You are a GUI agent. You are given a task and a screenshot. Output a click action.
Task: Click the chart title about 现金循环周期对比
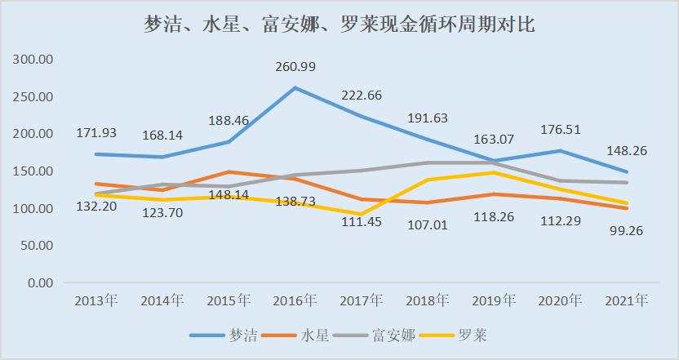click(339, 24)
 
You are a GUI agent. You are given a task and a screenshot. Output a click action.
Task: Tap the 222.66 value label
click(362, 96)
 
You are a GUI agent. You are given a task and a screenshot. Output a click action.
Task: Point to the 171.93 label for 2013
click(97, 131)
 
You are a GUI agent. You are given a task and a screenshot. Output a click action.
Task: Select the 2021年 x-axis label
click(627, 300)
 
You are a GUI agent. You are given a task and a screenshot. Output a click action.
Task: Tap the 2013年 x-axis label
click(96, 300)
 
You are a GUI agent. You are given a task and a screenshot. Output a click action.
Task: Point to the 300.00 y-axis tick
click(33, 60)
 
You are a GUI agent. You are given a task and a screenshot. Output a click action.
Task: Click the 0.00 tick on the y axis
click(40, 282)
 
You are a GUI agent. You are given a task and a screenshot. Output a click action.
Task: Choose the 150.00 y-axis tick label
click(33, 171)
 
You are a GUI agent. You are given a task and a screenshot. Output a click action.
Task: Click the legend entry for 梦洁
click(223, 335)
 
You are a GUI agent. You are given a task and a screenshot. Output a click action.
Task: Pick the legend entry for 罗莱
click(462, 335)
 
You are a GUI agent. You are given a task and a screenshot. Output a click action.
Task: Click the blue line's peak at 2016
click(295, 88)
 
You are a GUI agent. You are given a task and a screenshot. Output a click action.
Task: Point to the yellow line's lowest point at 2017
click(362, 214)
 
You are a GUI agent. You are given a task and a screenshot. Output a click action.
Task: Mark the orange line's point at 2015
click(229, 172)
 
